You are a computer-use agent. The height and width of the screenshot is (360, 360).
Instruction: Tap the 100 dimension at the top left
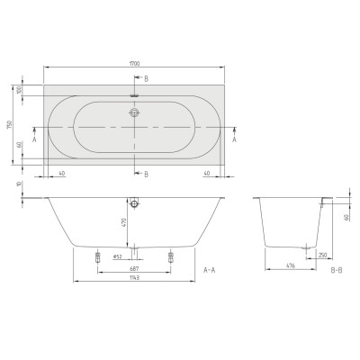click(x=17, y=90)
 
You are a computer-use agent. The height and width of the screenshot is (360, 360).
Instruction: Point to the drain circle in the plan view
click(x=134, y=113)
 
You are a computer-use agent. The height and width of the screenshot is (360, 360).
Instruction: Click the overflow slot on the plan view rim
click(x=134, y=93)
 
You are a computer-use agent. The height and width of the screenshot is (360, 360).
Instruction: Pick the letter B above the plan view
click(x=146, y=79)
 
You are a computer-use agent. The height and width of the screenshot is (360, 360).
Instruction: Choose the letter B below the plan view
click(x=146, y=174)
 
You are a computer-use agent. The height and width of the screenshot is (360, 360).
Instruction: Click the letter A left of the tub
click(x=33, y=140)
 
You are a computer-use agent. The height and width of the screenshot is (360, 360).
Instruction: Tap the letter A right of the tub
click(x=235, y=140)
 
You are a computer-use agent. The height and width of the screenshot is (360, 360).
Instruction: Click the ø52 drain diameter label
click(x=117, y=256)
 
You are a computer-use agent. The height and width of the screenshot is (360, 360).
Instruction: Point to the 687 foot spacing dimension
click(x=133, y=269)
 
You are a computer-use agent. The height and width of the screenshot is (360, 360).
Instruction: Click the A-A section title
click(x=209, y=269)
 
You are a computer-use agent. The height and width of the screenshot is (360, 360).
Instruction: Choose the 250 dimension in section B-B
click(x=320, y=254)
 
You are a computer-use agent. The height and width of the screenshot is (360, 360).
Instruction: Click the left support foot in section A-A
click(x=97, y=256)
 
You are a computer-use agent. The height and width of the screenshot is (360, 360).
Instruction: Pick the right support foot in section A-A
click(x=168, y=256)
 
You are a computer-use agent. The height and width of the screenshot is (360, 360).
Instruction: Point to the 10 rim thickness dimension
click(x=17, y=184)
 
